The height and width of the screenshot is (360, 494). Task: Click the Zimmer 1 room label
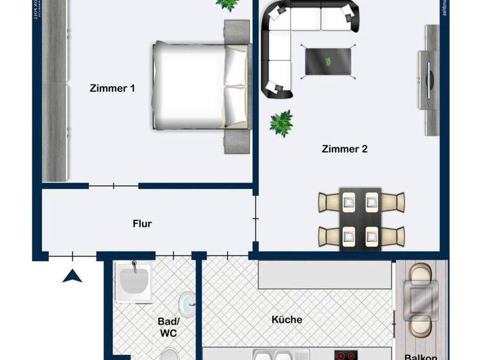tap(112, 89)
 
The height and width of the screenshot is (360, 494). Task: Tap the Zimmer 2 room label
tap(344, 149)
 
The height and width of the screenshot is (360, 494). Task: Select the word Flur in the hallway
tap(142, 224)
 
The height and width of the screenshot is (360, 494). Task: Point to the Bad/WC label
tap(167, 327)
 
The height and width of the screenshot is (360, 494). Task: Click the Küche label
tap(287, 319)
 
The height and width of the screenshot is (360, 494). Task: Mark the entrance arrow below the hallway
tap(73, 276)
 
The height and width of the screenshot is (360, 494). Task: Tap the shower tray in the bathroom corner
tap(133, 282)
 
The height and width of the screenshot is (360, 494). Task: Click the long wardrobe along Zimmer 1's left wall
tap(55, 90)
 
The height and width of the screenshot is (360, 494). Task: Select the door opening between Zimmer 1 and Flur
tap(113, 186)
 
